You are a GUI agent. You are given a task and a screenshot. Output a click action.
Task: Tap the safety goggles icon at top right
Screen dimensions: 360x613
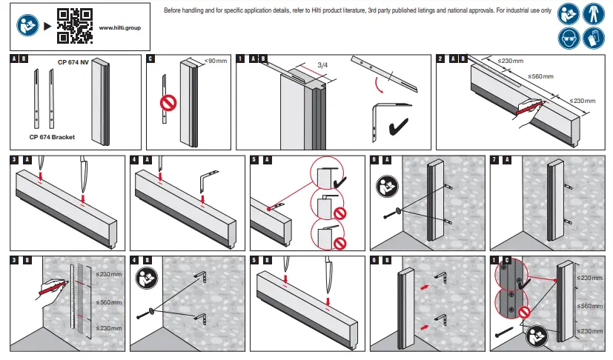pyautogui.click(x=569, y=38)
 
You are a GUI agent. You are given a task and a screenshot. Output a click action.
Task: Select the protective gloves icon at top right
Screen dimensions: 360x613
pyautogui.click(x=594, y=38)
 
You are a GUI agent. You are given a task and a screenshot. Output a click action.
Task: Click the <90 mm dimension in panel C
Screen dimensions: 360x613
pyautogui.click(x=215, y=61)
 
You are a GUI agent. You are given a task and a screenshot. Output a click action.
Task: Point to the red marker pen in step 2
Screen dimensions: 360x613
pyautogui.click(x=528, y=108)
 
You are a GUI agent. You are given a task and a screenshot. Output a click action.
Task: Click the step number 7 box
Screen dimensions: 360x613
pyautogui.click(x=494, y=159)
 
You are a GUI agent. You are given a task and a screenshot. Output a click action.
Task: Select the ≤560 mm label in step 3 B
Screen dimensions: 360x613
pyautogui.click(x=110, y=302)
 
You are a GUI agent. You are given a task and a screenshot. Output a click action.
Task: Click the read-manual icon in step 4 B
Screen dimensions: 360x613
pyautogui.click(x=146, y=279)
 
